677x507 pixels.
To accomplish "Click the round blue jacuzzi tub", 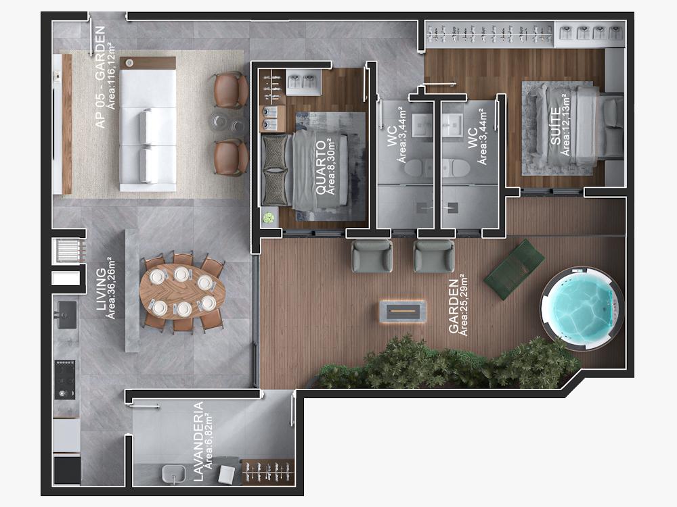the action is click(582, 307).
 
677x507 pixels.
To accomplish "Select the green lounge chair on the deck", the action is click(514, 269).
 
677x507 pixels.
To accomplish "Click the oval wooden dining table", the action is click(183, 291).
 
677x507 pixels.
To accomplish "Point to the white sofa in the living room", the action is click(148, 124).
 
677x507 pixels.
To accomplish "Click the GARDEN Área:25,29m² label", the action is click(458, 306).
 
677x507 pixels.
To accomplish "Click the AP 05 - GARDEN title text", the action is click(100, 77).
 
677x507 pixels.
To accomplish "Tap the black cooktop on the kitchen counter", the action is click(65, 380).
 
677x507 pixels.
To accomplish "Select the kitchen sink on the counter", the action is click(66, 315).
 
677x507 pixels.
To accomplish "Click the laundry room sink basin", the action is click(173, 475).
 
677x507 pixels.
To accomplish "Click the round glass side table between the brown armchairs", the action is click(227, 124).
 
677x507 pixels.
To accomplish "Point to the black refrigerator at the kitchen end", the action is click(67, 470).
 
